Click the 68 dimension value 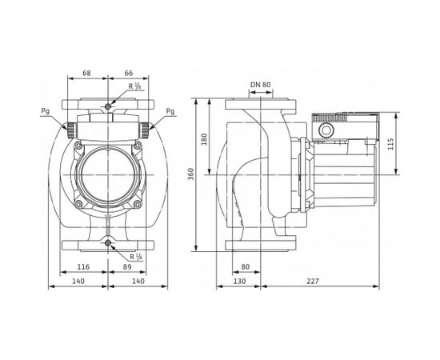[x=86, y=72]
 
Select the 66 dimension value [x=129, y=72]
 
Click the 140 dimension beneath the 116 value [x=79, y=281]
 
